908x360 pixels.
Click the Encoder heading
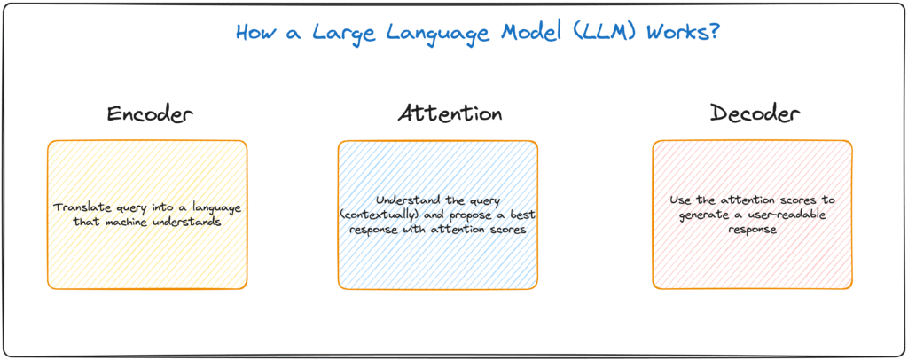point(149,114)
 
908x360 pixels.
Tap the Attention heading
point(450,114)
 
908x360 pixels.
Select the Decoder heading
point(755,114)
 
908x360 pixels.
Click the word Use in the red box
point(679,200)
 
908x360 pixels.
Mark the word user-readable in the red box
point(790,215)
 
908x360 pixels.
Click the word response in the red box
point(752,230)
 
